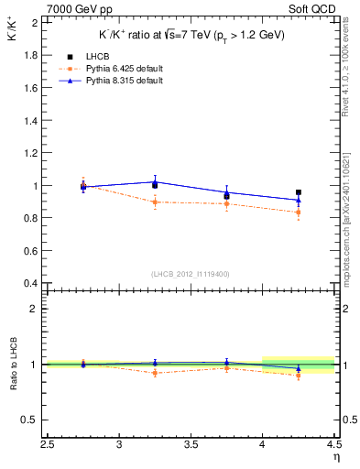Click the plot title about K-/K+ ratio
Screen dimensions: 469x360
(192, 35)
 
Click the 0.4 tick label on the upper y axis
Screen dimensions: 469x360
(31, 283)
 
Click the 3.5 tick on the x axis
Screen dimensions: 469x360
(191, 445)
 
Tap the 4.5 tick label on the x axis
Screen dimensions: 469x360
(333, 445)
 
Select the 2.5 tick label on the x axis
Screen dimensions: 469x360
(49, 445)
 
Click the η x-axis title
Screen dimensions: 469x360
(335, 457)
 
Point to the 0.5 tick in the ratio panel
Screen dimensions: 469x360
(31, 420)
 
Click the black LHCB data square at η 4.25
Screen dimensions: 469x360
(299, 192)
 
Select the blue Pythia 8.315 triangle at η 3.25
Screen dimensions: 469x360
(155, 181)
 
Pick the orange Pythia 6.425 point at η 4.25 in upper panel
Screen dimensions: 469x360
(299, 213)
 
